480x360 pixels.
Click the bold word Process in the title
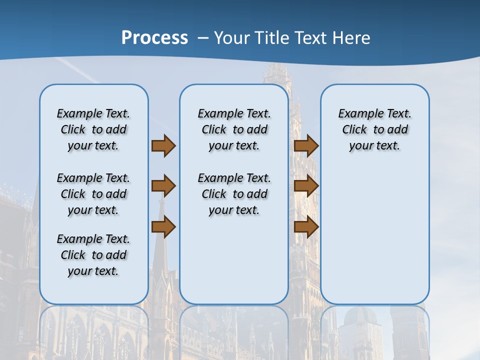point(154,38)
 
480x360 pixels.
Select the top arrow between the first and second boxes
point(163,145)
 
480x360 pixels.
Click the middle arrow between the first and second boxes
point(163,186)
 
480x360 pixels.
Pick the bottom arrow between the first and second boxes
point(163,227)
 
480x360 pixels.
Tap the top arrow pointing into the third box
point(306,145)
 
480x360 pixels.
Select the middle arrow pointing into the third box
point(306,186)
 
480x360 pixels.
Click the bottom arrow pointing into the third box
point(306,227)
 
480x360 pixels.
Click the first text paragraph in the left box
point(93,129)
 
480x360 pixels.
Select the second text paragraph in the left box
point(93,194)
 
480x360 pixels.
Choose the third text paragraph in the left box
point(93,255)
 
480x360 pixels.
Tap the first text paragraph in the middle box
point(234,129)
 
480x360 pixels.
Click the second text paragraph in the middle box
point(234,194)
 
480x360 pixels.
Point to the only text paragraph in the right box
point(375,129)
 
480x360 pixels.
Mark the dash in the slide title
point(203,38)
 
